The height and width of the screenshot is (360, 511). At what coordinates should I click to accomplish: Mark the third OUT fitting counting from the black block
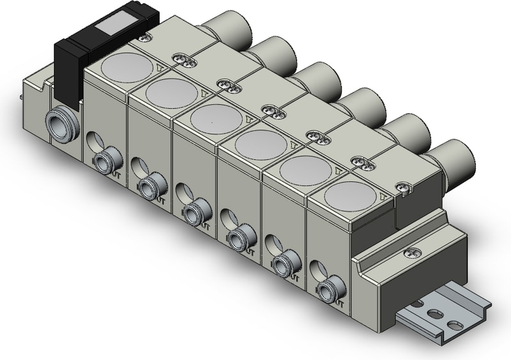click(x=193, y=213)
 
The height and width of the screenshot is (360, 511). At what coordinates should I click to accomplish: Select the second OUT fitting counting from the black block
click(x=148, y=186)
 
